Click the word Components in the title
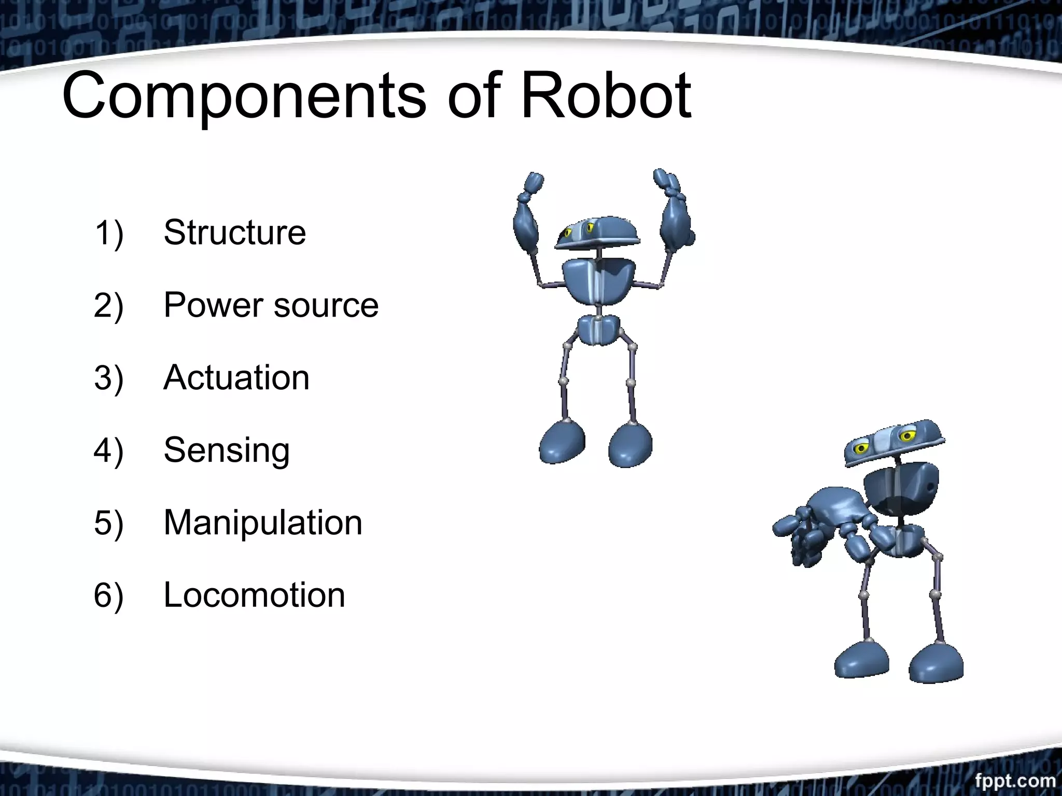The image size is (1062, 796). (244, 96)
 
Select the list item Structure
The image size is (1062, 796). (234, 232)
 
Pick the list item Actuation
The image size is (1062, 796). (236, 377)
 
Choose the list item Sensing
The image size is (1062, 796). (227, 450)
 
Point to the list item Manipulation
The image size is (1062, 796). (263, 522)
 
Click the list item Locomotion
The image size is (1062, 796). (254, 595)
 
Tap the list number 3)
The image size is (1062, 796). (108, 377)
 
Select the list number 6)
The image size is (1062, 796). (108, 595)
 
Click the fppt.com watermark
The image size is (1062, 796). (1015, 780)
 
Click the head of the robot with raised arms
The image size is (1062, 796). (597, 233)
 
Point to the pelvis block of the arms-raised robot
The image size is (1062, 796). (598, 330)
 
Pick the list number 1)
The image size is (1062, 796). (108, 232)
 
